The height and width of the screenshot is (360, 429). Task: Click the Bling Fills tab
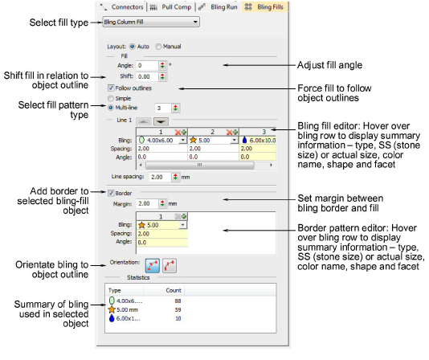coord(265,7)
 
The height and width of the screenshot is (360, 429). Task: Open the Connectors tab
coord(122,7)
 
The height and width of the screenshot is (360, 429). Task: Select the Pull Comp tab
coord(171,7)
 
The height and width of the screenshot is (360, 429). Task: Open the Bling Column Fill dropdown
coord(151,22)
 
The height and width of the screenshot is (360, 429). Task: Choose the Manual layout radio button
coord(158,47)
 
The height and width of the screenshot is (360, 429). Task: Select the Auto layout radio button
coord(133,47)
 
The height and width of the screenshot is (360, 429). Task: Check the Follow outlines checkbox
coord(111,88)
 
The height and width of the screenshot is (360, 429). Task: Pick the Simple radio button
coord(111,98)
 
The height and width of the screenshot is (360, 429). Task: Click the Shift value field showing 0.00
coord(147,76)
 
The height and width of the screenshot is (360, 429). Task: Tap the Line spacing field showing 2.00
coord(160,177)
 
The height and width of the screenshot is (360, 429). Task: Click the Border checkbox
coord(111,194)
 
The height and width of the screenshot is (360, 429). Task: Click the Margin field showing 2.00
coord(147,203)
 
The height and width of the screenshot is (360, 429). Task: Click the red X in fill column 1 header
coord(178,133)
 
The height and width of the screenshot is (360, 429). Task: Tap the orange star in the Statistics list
coord(112,309)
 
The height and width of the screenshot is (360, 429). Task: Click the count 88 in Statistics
coord(178,301)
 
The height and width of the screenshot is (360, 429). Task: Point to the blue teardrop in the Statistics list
coord(112,318)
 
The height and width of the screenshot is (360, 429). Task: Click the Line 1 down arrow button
coord(161,121)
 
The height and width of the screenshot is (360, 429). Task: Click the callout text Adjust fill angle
coord(329,65)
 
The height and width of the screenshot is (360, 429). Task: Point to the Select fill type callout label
coord(59,22)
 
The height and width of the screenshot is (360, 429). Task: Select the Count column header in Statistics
coord(174,290)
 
